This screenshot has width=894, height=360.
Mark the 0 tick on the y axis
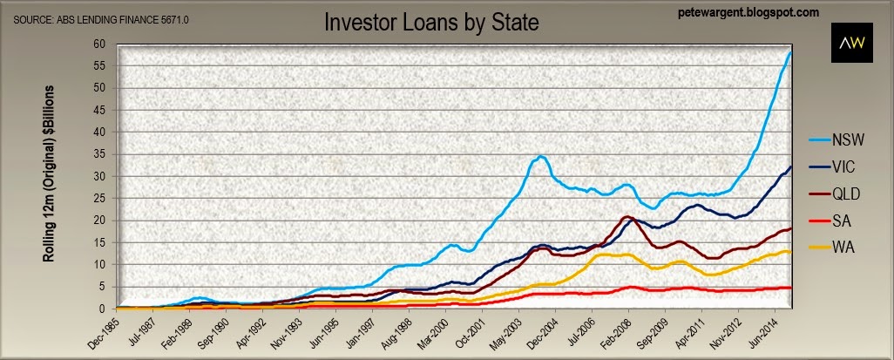pos(103,308)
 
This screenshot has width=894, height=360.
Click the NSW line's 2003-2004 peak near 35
pos(542,157)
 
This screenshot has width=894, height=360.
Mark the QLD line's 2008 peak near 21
pos(626,216)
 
